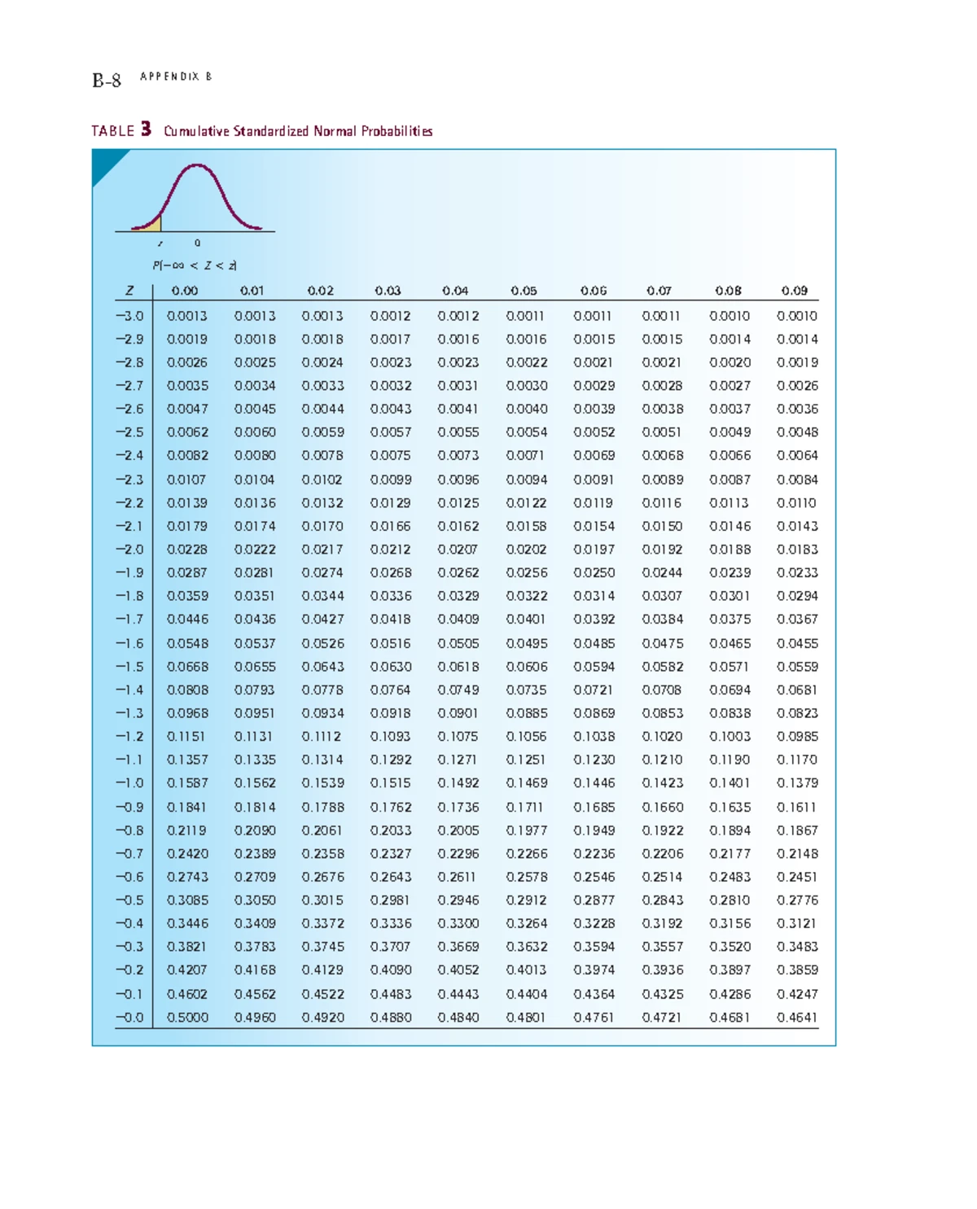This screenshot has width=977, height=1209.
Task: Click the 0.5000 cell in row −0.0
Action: [x=187, y=1018]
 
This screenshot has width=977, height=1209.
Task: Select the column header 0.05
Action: [x=524, y=291]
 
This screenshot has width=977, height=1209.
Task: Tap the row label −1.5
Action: [x=129, y=667]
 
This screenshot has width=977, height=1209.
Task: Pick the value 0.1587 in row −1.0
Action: [x=187, y=783]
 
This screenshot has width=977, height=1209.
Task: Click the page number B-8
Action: [x=107, y=80]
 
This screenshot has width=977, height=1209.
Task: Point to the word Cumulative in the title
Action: [x=196, y=131]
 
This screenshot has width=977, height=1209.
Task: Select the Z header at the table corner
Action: [x=129, y=291]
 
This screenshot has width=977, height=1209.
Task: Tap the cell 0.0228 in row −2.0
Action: [x=187, y=550]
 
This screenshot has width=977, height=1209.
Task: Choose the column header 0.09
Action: [x=795, y=291]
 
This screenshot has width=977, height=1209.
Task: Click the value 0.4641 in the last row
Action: [x=797, y=1018]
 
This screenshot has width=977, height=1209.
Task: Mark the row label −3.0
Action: [x=129, y=316]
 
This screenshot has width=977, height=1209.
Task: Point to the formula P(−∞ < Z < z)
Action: [x=195, y=265]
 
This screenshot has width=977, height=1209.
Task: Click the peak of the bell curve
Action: [x=196, y=166]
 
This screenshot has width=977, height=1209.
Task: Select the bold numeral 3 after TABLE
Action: [x=146, y=129]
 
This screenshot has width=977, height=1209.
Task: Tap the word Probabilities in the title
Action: [x=396, y=131]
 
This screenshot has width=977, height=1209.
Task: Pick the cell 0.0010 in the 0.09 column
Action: [x=797, y=316]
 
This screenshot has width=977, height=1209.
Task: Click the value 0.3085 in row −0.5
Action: [x=187, y=900]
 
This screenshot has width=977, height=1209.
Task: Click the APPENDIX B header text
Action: [x=176, y=77]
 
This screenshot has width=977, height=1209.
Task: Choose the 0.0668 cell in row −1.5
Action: [x=187, y=667]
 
